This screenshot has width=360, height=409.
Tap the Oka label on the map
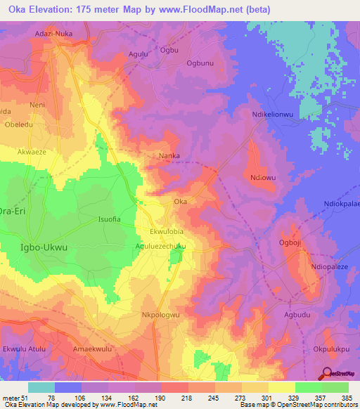(180, 202)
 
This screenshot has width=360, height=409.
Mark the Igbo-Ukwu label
(45, 247)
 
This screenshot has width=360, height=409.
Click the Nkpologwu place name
(162, 316)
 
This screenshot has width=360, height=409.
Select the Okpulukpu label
(330, 349)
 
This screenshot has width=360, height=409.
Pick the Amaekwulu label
(93, 349)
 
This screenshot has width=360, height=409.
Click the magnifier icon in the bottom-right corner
(326, 374)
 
